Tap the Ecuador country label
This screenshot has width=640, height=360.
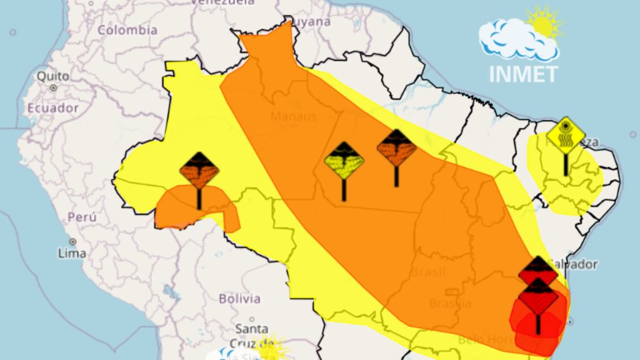(53, 108)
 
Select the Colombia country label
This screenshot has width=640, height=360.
(127, 30)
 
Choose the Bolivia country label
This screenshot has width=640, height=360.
(239, 299)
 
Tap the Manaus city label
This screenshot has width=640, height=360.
(293, 117)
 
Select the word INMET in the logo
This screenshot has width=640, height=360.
(522, 74)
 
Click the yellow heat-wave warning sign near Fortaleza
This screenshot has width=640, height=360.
(566, 135)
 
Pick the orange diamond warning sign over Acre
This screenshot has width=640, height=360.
(199, 170)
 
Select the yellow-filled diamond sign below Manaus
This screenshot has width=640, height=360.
(344, 161)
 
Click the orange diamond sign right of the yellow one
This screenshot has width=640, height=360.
(396, 148)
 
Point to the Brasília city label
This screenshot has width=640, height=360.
(450, 303)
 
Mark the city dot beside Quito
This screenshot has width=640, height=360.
(54, 88)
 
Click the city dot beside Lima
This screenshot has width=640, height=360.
(72, 241)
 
